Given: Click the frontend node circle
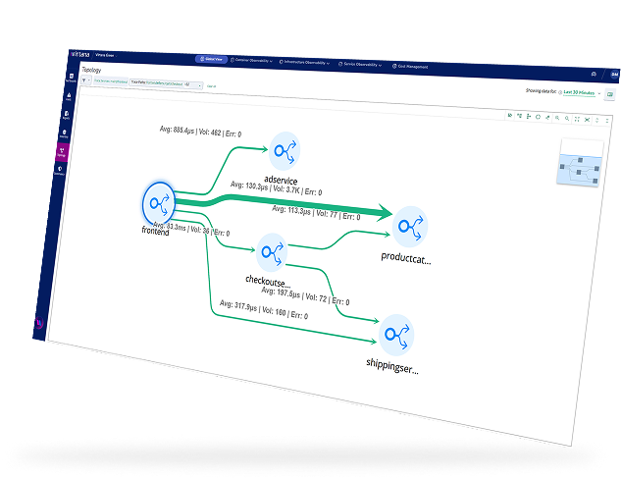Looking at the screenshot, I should click(157, 203).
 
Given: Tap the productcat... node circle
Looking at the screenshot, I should click(408, 227).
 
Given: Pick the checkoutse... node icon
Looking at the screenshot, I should click(271, 253).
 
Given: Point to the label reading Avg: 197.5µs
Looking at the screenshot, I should click(307, 293).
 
